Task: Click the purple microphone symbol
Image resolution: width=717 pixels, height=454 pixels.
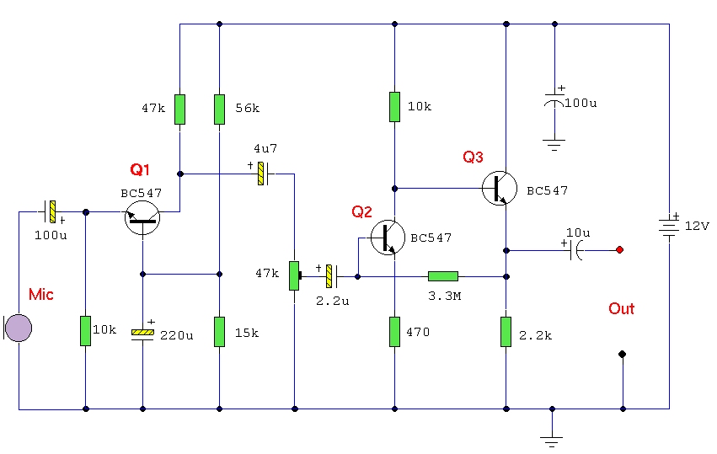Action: tap(18, 328)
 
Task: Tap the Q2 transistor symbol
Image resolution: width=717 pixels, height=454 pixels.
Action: tap(388, 238)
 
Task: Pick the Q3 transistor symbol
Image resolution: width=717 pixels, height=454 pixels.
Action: tap(500, 188)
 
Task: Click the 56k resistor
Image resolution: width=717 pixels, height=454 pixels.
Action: tap(220, 109)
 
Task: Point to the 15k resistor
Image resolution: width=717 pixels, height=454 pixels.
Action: tap(220, 332)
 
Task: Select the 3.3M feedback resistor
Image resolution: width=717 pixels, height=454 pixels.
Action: tap(443, 276)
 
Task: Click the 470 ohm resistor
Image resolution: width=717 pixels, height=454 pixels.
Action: tap(394, 332)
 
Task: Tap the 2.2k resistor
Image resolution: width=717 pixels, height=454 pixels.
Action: tap(506, 332)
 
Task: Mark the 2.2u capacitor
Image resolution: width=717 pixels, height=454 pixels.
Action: tap(331, 276)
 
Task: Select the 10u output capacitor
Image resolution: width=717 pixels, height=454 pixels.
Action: tap(575, 250)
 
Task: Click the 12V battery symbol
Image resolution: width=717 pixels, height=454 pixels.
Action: tap(669, 227)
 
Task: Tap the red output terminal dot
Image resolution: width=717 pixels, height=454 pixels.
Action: tap(619, 249)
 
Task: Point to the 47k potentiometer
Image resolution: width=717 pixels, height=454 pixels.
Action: tap(295, 275)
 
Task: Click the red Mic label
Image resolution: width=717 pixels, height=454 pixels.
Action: tap(41, 295)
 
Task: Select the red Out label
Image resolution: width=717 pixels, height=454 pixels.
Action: tap(622, 308)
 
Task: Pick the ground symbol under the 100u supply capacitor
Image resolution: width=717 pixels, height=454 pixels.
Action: tap(554, 145)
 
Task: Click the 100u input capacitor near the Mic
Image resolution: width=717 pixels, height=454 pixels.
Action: tap(51, 211)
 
